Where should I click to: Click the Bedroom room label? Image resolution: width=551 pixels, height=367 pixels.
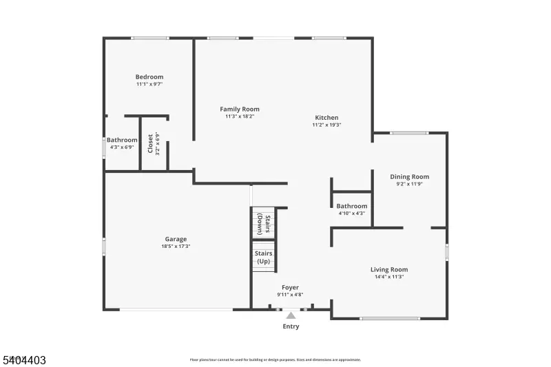pos(149,77)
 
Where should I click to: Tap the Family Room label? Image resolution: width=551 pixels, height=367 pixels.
pos(240,109)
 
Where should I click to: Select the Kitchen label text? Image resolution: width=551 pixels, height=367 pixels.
pos(326,118)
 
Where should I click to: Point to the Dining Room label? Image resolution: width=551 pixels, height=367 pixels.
pos(409,177)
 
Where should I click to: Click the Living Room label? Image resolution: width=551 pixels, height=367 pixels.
pos(389,270)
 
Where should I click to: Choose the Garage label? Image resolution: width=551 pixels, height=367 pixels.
pos(176,239)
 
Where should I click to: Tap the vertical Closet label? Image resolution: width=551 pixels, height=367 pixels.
pos(150,143)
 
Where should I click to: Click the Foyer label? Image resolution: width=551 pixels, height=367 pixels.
pos(290,287)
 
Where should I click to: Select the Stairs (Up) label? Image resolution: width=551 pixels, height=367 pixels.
pos(263,258)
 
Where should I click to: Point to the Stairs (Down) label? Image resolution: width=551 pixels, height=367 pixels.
pos(263,224)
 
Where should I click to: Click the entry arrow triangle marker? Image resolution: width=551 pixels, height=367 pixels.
pos(291,315)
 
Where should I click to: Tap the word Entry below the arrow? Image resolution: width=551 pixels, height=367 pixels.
pos(291,326)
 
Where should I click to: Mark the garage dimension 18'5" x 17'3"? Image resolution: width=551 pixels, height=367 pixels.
pos(176,246)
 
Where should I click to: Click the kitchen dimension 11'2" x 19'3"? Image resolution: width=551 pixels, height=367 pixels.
pos(326,125)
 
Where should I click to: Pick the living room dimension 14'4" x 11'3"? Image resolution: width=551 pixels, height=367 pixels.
pos(389,277)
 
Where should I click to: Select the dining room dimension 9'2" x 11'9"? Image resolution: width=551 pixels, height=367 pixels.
pos(409,184)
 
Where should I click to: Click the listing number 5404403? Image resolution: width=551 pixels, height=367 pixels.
pos(23,359)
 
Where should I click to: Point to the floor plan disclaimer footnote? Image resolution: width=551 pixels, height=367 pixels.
pos(275,359)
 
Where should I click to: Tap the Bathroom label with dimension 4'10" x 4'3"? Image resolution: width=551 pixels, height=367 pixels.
pos(351,206)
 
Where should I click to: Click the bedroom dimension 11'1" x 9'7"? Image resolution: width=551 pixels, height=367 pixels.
pos(149,84)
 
